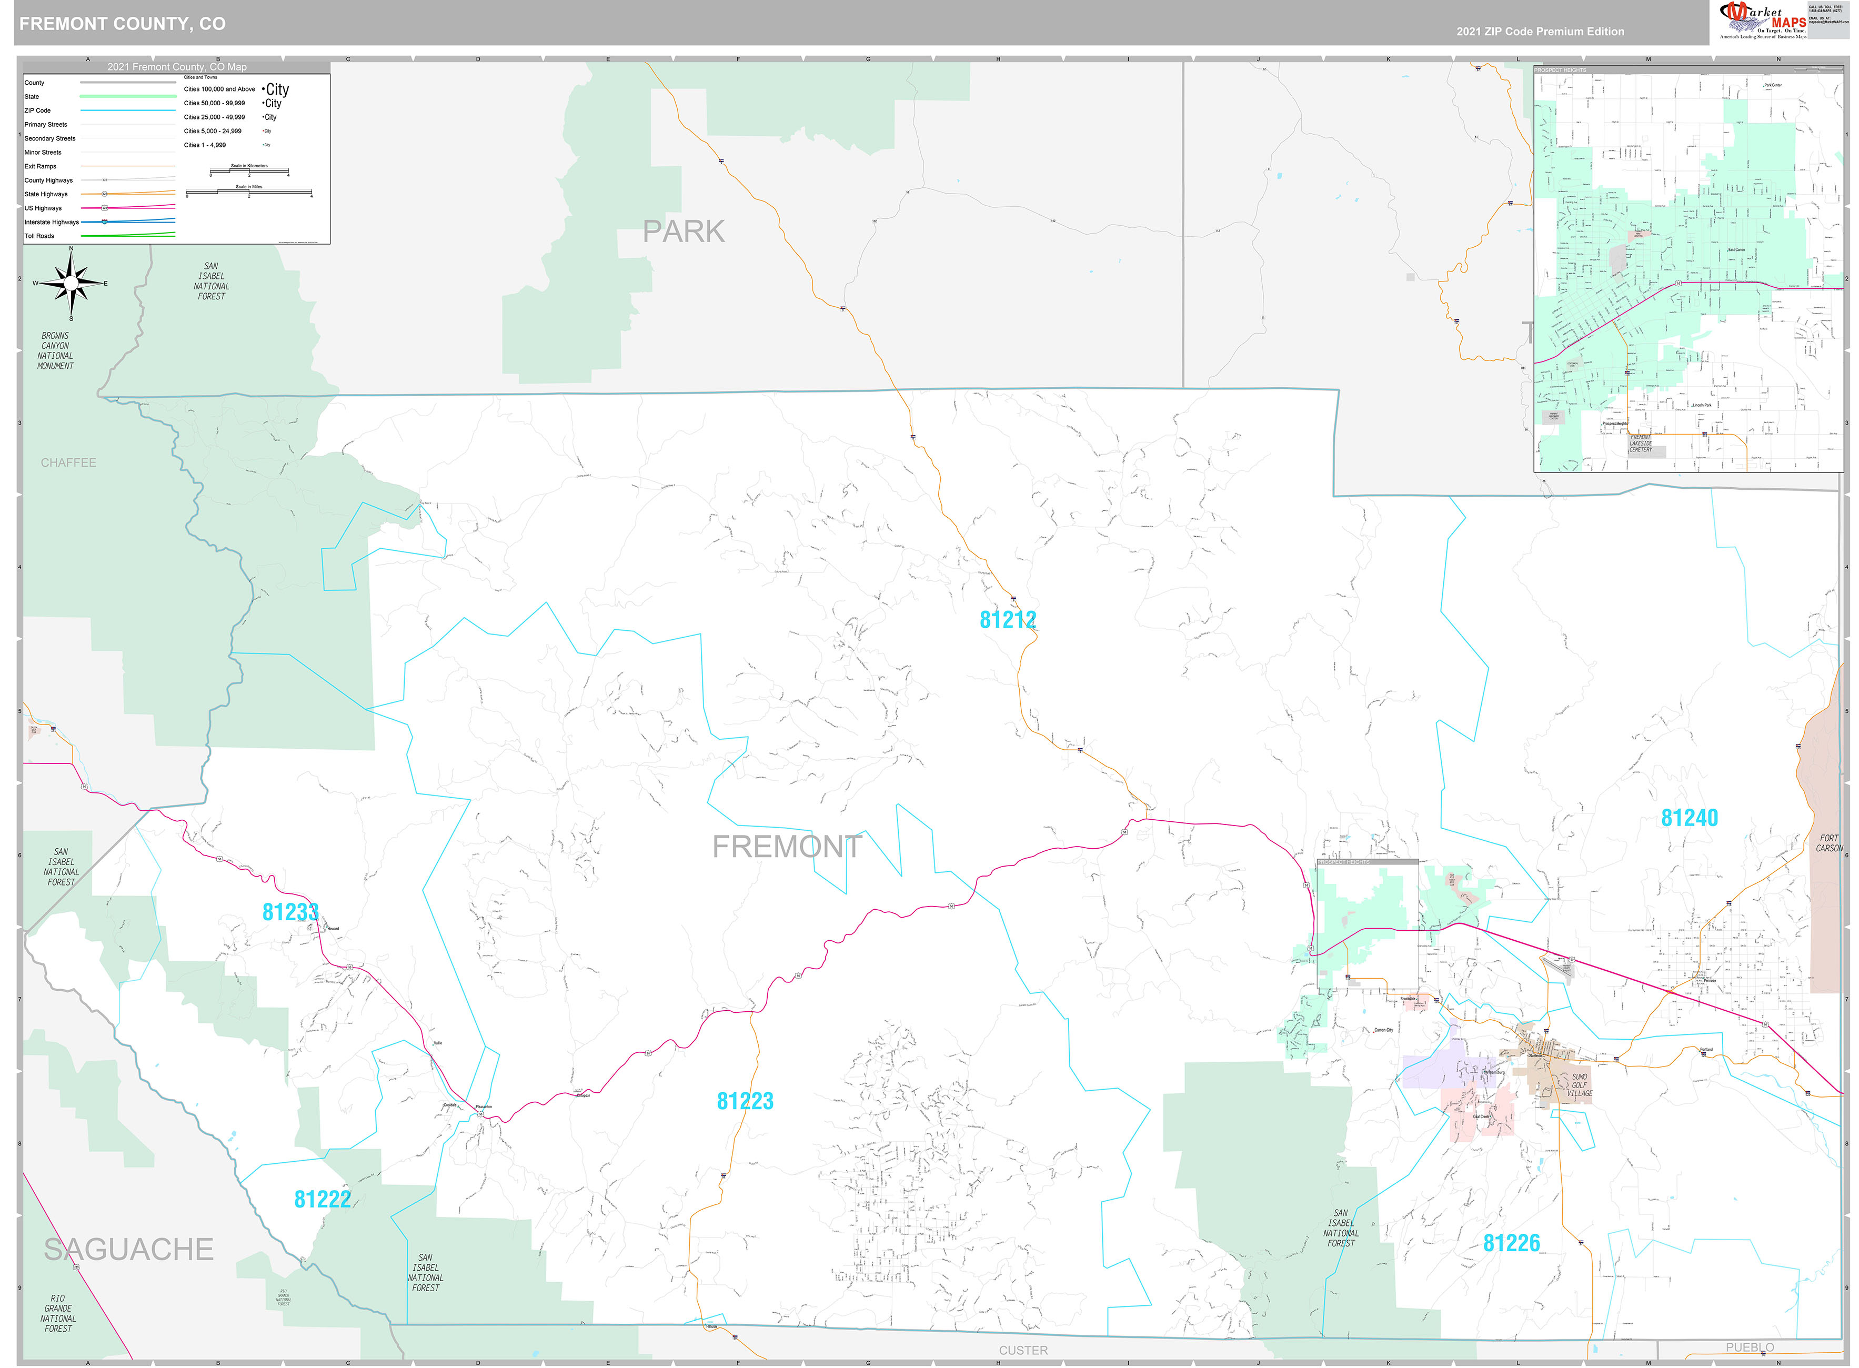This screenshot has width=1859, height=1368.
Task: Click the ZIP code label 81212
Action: (x=1007, y=619)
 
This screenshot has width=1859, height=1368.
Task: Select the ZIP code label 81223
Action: (x=745, y=1101)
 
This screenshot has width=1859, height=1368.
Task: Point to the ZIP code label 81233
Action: (x=290, y=912)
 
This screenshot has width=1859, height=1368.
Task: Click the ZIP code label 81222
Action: (x=322, y=1199)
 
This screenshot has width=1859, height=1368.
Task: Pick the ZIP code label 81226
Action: (x=1511, y=1243)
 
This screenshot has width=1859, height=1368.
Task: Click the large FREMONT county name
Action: (x=787, y=846)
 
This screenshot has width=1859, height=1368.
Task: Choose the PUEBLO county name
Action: (x=1749, y=1347)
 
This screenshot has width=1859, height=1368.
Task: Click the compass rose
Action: (x=71, y=283)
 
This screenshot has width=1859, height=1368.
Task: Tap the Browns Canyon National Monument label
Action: (x=55, y=351)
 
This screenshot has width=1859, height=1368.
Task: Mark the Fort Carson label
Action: (x=1828, y=843)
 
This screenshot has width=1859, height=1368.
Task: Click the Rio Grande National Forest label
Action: (x=58, y=1313)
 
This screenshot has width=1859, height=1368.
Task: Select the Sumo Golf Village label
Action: (x=1579, y=1085)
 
